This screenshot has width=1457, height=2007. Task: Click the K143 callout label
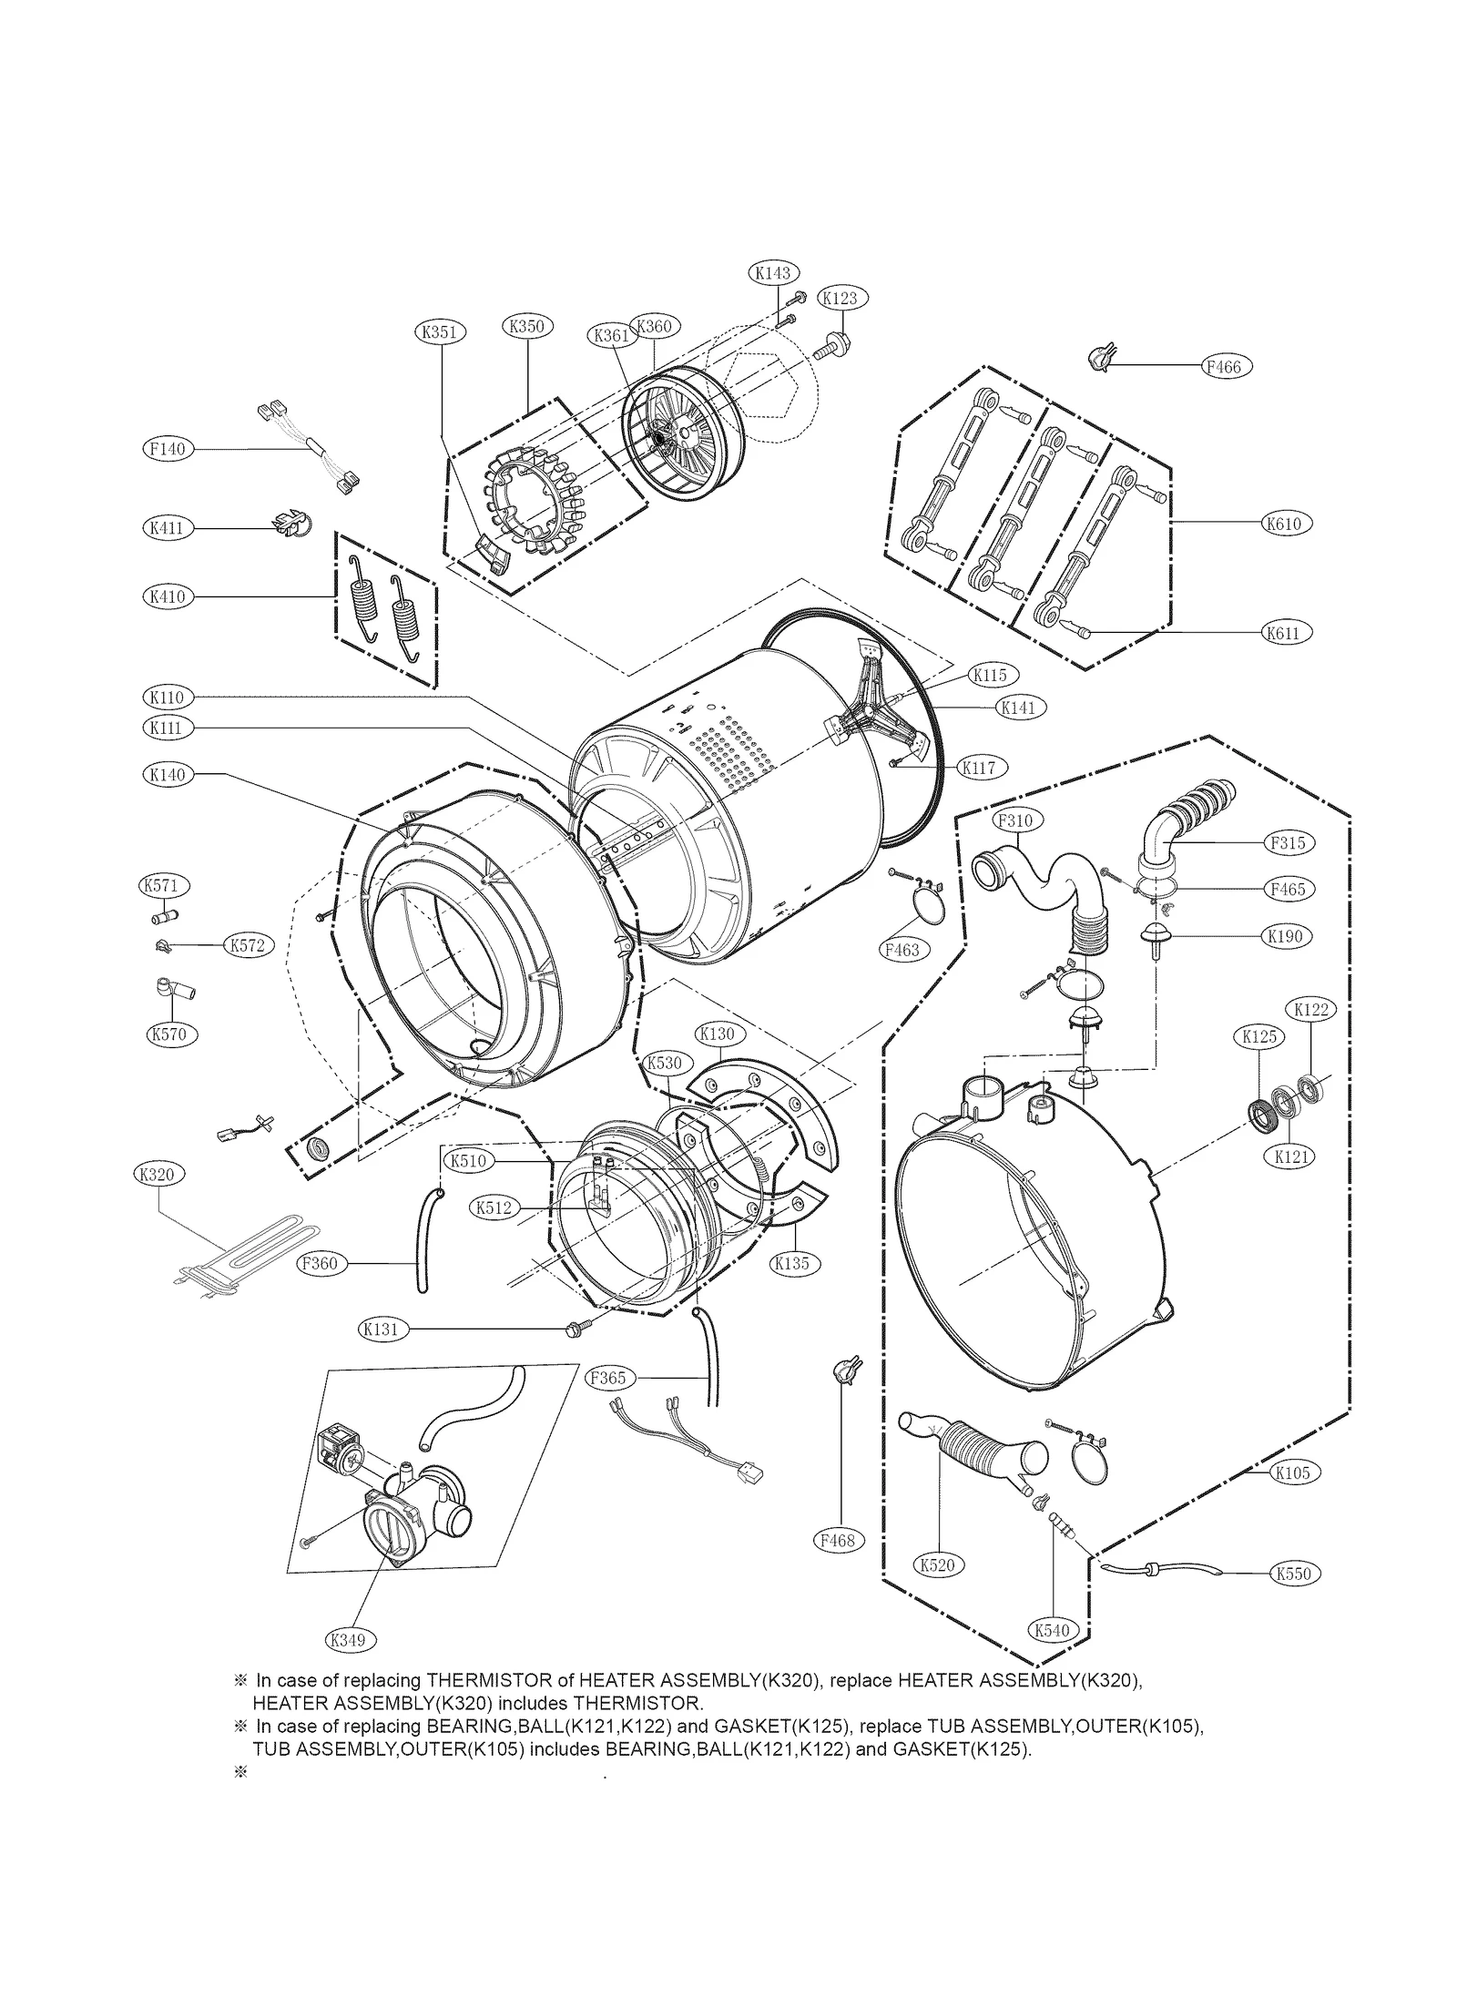(x=774, y=272)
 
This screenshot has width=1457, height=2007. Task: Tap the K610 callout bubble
(x=1283, y=524)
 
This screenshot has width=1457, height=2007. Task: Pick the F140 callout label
(x=168, y=449)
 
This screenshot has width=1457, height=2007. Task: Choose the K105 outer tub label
(x=1292, y=1472)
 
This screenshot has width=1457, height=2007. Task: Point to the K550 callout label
(x=1294, y=1573)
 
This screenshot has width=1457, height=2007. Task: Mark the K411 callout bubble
(x=168, y=528)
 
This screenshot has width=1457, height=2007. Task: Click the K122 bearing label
(x=1310, y=1010)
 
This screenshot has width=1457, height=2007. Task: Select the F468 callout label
(x=837, y=1540)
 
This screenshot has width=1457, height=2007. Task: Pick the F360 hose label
(x=319, y=1264)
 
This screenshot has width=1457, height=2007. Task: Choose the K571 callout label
(x=165, y=885)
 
